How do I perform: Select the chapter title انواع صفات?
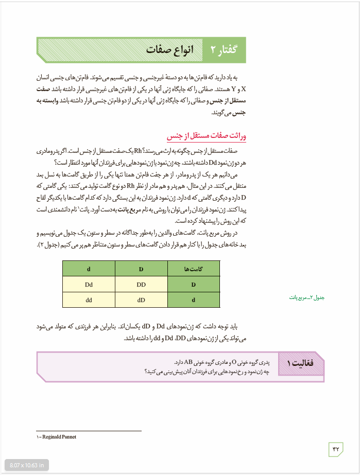[x=169, y=49]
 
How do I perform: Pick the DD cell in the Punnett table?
[x=141, y=284]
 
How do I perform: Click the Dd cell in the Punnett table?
[x=89, y=284]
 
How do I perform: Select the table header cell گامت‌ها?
[x=194, y=269]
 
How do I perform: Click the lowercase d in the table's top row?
[x=89, y=269]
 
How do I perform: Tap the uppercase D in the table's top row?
[x=141, y=269]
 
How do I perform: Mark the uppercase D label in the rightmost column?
[x=194, y=284]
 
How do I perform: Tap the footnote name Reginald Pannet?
[x=59, y=437]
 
